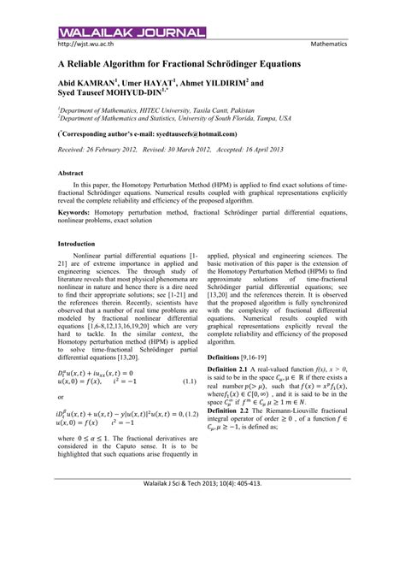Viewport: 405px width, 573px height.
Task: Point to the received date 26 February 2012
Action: [x=120, y=150]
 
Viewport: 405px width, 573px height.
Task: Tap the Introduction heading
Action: [x=79, y=244]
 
